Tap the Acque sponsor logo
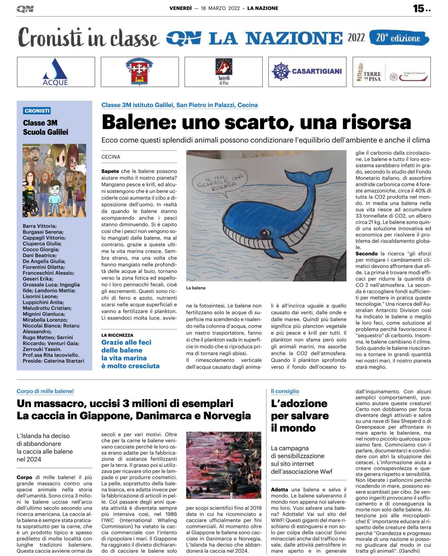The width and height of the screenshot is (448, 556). click(56, 72)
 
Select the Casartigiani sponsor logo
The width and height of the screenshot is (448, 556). click(307, 71)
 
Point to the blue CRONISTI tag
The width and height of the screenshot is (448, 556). click(37, 111)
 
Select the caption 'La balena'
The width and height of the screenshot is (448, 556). click(196, 288)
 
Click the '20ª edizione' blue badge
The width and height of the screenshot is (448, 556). click(398, 38)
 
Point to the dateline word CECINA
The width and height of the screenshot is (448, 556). click(111, 157)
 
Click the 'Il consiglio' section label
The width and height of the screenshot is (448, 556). click(285, 391)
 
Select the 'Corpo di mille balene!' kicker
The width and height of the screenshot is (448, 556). click(45, 391)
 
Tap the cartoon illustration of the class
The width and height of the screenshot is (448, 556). click(54, 180)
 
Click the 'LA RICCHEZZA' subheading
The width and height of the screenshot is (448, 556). click(117, 335)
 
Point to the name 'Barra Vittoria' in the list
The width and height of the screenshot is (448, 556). click(39, 226)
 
